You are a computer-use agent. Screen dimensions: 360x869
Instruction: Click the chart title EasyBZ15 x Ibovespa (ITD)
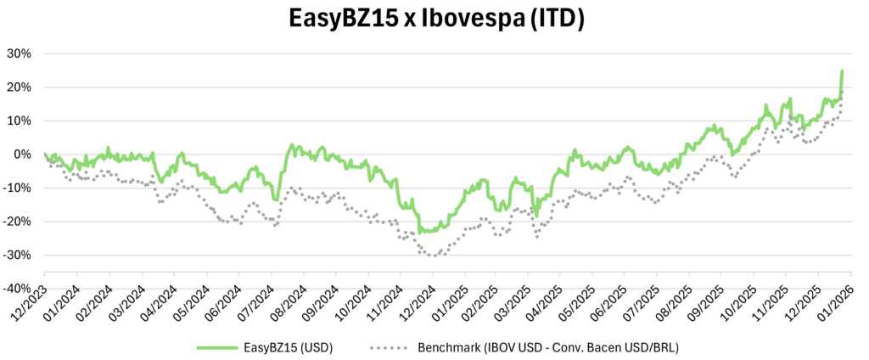pyautogui.click(x=434, y=20)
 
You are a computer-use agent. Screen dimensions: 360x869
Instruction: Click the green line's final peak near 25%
pyautogui.click(x=842, y=71)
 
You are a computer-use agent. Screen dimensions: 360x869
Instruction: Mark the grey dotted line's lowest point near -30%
pyautogui.click(x=433, y=256)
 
